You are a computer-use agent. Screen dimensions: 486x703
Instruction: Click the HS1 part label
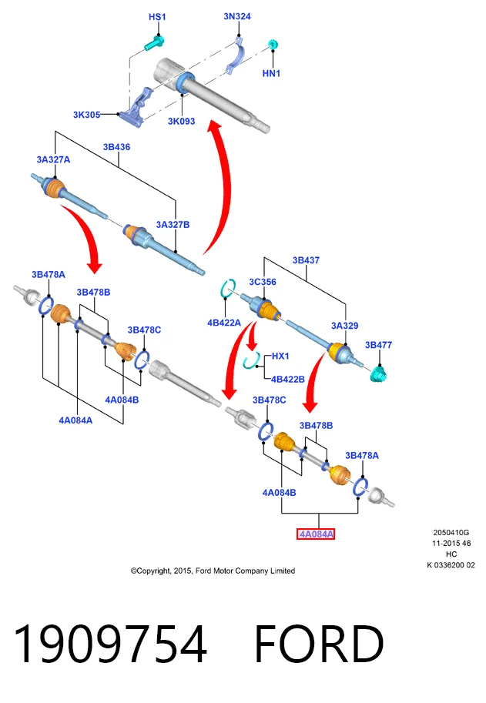point(157,17)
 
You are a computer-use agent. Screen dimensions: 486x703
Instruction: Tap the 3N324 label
point(237,17)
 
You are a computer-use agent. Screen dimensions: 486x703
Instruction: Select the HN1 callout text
point(271,73)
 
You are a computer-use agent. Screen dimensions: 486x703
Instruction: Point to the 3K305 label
point(86,115)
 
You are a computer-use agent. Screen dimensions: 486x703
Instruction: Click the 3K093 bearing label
point(182,121)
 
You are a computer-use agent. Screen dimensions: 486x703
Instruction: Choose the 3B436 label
point(116,147)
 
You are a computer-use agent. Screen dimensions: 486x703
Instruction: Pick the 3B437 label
point(307,260)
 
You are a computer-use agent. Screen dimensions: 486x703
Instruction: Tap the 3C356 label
point(263,282)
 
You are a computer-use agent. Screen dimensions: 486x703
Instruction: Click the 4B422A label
point(224,323)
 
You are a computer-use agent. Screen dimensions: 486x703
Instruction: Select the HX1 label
point(280,356)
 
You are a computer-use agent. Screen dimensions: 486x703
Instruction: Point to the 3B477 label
point(378,345)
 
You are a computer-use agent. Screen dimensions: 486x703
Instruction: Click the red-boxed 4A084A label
point(316,534)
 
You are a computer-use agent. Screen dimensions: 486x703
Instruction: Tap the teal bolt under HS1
point(154,42)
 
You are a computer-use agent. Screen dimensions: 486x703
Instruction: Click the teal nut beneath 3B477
point(379,374)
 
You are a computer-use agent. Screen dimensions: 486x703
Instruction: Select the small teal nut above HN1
point(273,45)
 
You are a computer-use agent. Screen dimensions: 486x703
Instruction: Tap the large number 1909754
point(110,644)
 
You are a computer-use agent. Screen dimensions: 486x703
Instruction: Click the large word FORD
point(319,644)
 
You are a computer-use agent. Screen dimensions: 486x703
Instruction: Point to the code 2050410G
point(451,533)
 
